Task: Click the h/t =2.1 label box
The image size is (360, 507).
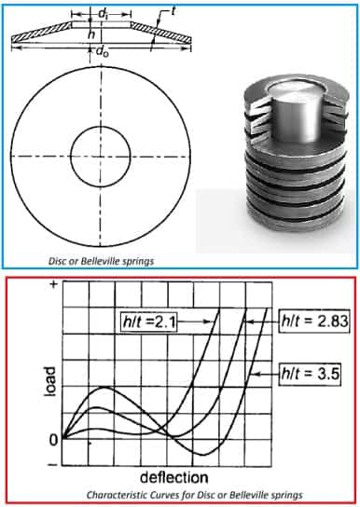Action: (x=149, y=322)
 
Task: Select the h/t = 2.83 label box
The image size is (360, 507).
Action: (x=314, y=322)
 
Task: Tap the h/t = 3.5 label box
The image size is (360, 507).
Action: (x=310, y=374)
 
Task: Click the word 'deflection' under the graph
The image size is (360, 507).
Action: (x=174, y=477)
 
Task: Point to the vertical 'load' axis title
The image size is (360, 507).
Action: (x=49, y=381)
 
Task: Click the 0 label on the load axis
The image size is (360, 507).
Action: (x=53, y=440)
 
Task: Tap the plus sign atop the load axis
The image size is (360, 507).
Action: (x=54, y=285)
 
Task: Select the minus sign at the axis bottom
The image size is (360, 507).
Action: (x=53, y=465)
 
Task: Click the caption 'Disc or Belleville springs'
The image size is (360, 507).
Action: (x=101, y=261)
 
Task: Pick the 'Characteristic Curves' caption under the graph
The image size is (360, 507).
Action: (x=194, y=495)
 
